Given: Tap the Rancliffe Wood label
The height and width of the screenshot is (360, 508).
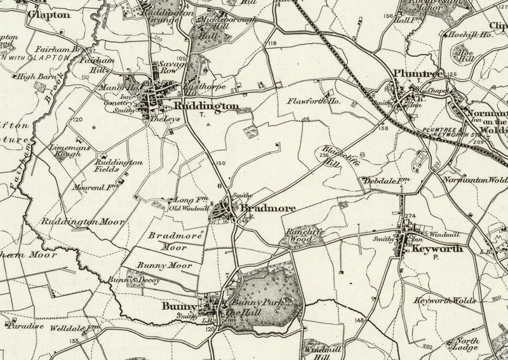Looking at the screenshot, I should coord(306,236).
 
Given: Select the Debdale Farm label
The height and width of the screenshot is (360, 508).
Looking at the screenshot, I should coord(384,181).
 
